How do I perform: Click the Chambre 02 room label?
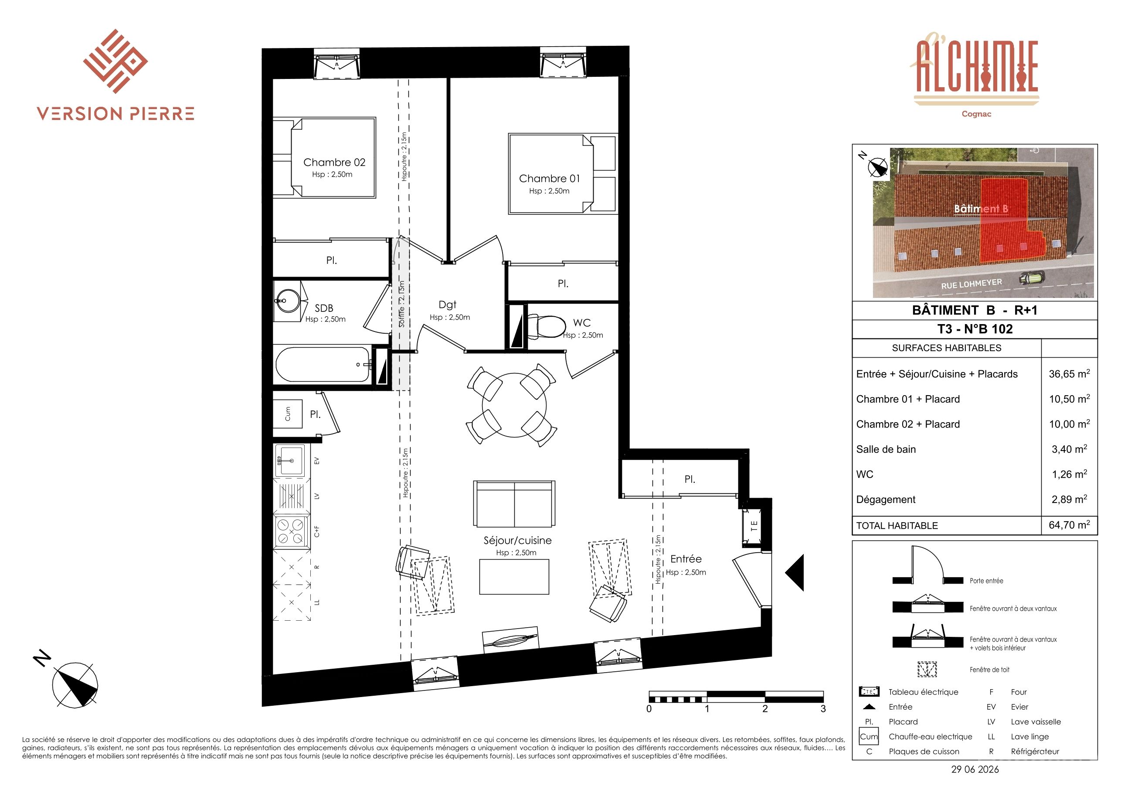click(334, 162)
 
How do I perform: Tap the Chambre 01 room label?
click(550, 179)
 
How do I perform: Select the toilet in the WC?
click(546, 326)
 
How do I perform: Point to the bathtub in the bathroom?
click(323, 365)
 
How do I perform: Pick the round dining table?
click(514, 405)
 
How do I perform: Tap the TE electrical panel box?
click(753, 526)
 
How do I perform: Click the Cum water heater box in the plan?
click(288, 414)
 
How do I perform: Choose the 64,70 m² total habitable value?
click(1069, 525)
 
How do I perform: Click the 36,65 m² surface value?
click(1069, 374)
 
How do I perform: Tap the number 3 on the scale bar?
click(823, 709)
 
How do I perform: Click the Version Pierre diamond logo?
click(115, 61)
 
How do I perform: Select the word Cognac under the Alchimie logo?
click(976, 114)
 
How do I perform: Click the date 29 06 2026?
click(975, 769)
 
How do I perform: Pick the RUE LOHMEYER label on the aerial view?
click(972, 284)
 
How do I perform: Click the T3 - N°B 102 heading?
click(975, 329)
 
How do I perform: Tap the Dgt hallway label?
click(447, 305)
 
